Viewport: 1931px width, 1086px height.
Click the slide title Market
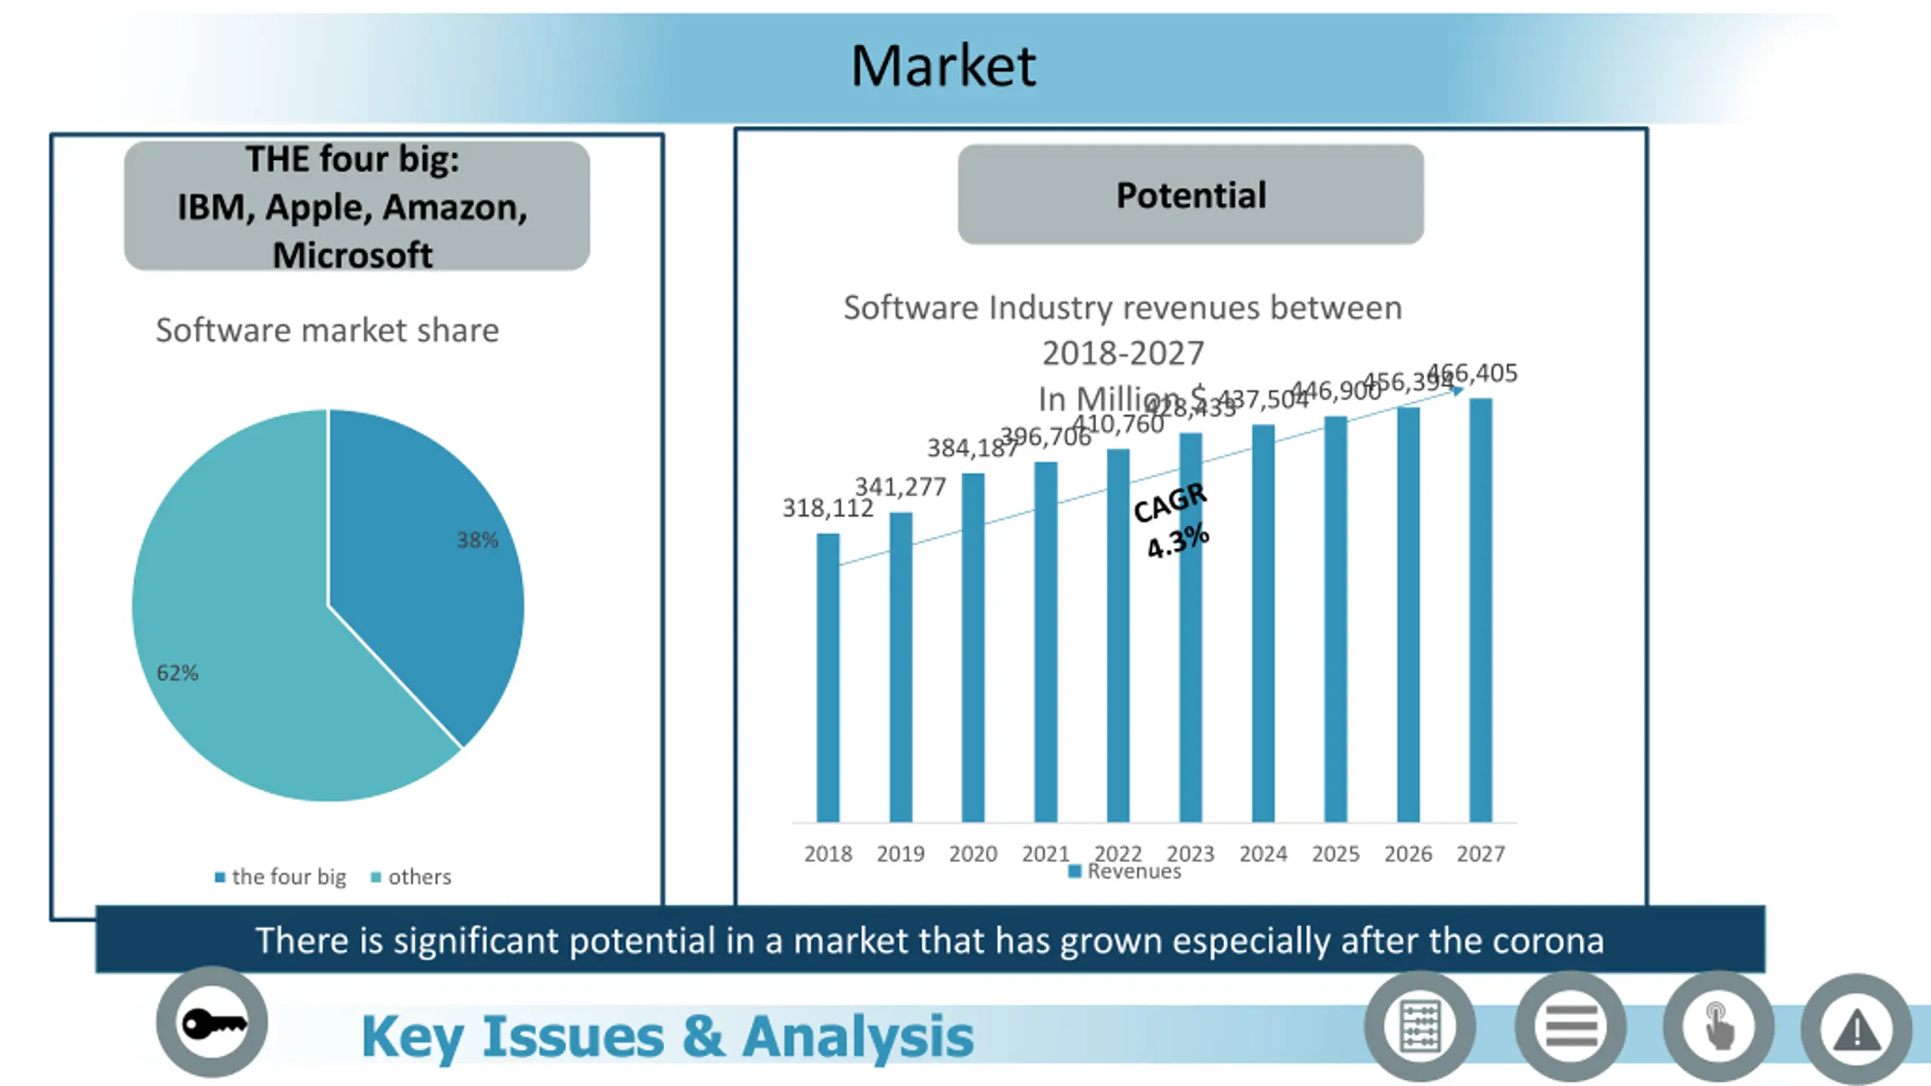coord(943,66)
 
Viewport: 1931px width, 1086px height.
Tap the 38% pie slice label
coord(477,540)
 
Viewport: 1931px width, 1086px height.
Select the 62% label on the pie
coord(177,673)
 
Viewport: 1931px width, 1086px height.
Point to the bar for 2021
coord(1045,641)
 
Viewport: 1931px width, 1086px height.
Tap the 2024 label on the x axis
coord(1263,854)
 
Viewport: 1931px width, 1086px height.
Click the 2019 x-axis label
coord(900,854)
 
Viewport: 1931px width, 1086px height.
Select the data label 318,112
coord(827,508)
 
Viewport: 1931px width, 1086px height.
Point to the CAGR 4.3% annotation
coord(1173,520)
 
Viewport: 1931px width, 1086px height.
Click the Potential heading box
coord(1190,195)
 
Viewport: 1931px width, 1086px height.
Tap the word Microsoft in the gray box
coord(352,255)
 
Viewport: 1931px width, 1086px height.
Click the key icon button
coord(212,1023)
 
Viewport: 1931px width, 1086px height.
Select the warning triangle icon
coord(1856,1029)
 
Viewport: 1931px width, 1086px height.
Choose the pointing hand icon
coord(1718,1026)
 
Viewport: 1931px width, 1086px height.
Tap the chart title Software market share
coord(327,330)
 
